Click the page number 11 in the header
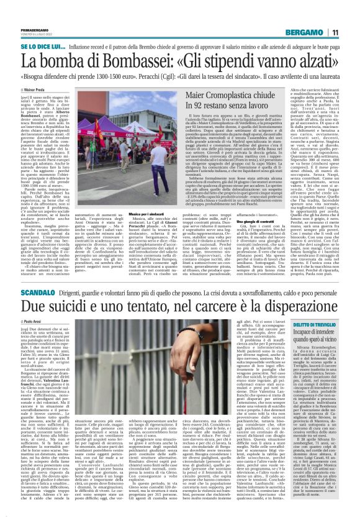pyautogui.click(x=335, y=32)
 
